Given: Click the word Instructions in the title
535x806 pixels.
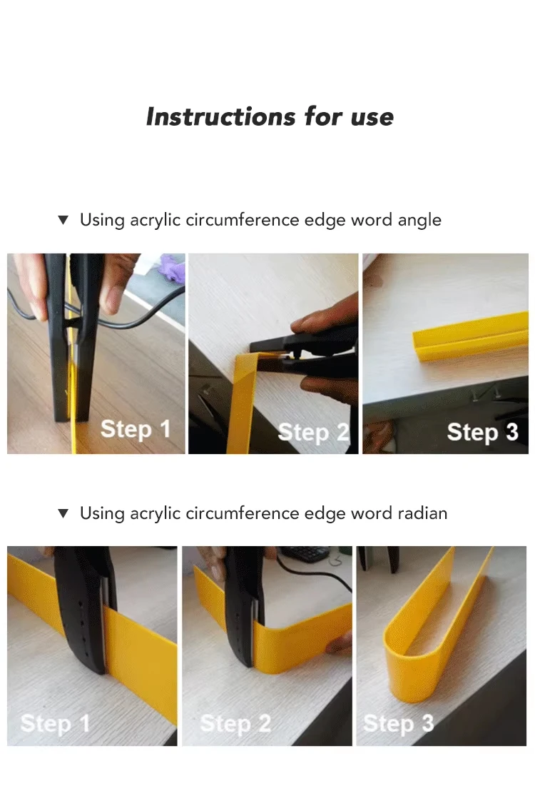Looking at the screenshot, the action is point(220,116).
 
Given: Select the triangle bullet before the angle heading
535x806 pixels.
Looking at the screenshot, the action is point(63,220).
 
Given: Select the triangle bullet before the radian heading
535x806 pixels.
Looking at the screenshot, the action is point(63,513).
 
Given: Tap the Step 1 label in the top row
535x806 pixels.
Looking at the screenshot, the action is point(136,429).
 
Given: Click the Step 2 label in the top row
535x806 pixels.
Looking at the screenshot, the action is point(314,433).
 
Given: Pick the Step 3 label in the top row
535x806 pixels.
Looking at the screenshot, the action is point(483,432).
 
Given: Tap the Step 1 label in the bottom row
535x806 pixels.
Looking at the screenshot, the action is point(55,724).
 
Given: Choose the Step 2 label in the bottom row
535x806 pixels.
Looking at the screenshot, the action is point(235,724).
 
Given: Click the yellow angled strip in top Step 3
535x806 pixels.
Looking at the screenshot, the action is point(470,338).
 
